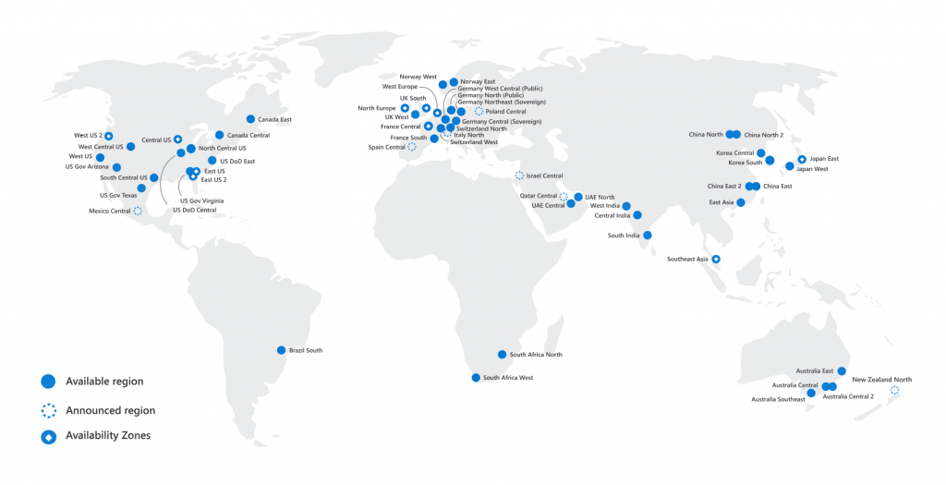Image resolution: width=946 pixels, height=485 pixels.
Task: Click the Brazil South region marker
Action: pos(281,350)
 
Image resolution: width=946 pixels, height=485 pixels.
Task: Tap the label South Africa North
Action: pos(536,355)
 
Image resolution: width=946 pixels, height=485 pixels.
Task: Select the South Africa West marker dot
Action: pos(476,378)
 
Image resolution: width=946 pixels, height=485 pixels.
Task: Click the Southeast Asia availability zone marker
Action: pos(715,260)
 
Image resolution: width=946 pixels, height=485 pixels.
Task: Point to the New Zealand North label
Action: pos(881,380)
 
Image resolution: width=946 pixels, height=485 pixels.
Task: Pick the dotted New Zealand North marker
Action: pos(893,391)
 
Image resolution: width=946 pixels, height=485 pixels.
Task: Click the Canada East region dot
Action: pos(250,119)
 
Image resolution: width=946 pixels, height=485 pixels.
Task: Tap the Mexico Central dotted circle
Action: pos(138,211)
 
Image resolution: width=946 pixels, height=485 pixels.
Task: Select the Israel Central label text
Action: pos(545,176)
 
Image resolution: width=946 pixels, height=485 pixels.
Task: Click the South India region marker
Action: pos(648,236)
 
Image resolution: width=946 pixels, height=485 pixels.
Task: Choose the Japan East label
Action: pos(824,159)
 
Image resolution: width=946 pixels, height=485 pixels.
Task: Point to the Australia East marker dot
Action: pos(842,370)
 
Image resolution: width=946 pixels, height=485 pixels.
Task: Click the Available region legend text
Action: pos(104,382)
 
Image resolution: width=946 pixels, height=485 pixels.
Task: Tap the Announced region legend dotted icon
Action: pos(48,409)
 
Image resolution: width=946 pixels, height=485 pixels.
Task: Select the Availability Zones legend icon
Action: pos(48,435)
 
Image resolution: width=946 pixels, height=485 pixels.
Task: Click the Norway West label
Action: pos(418,77)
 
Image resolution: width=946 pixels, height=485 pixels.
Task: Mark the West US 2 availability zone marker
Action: pos(108,137)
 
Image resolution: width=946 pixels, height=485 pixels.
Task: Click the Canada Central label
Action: pos(248,136)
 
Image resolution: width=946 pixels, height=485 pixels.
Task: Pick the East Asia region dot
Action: pos(740,202)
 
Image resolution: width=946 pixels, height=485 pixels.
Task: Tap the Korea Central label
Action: pos(735,153)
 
